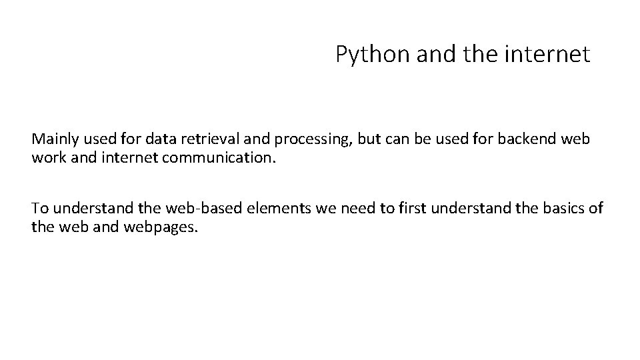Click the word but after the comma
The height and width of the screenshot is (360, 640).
(369, 139)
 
